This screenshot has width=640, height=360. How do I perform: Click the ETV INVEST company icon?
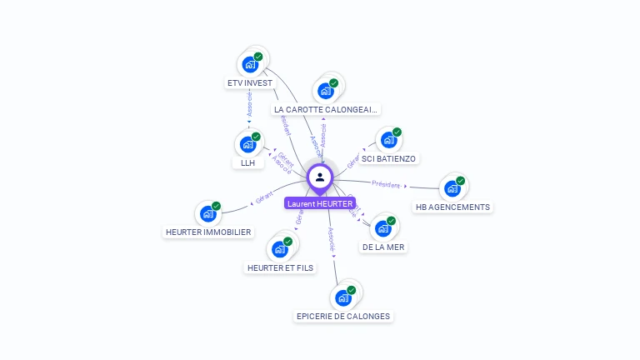[249, 64]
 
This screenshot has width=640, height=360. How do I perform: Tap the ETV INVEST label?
[250, 83]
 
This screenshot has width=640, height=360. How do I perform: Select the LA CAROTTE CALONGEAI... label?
[326, 109]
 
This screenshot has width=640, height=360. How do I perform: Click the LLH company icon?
[247, 144]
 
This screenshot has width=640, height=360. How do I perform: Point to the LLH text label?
[248, 163]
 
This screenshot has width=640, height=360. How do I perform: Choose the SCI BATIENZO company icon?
[387, 140]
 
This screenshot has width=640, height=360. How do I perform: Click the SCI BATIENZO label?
[388, 158]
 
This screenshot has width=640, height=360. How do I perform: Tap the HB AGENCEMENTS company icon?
[452, 188]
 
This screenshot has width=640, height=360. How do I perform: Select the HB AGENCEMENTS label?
[453, 207]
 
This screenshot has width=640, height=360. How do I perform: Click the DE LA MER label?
[383, 247]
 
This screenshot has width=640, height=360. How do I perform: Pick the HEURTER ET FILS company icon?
[280, 249]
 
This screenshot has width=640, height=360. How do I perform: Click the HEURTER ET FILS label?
[281, 267]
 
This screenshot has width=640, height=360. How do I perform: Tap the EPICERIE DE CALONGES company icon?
[343, 297]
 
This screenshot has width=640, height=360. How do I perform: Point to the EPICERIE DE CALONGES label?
[343, 316]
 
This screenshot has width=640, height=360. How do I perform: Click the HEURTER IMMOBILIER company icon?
[207, 213]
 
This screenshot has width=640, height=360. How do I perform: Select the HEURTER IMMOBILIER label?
[208, 232]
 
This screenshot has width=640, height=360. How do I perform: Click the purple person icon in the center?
[320, 177]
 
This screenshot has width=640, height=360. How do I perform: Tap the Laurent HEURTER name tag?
[320, 203]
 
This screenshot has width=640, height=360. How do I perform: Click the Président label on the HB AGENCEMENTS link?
[386, 183]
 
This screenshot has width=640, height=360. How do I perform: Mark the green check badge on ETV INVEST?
[258, 57]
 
